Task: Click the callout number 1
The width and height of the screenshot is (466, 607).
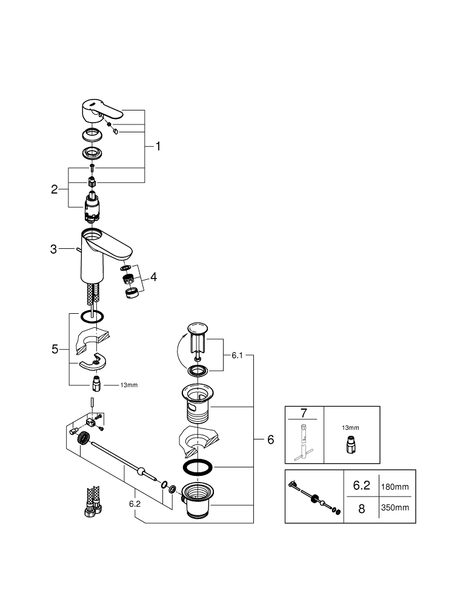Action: pyautogui.click(x=158, y=146)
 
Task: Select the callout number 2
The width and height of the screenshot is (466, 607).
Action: pyautogui.click(x=55, y=189)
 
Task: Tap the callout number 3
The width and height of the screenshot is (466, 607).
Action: pyautogui.click(x=54, y=249)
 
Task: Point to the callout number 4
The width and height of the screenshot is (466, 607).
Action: pyautogui.click(x=154, y=277)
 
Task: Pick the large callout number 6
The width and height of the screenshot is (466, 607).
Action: pyautogui.click(x=271, y=439)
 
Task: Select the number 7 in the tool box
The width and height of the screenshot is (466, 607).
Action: pyautogui.click(x=304, y=414)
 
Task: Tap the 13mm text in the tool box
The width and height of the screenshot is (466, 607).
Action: pyautogui.click(x=351, y=427)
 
